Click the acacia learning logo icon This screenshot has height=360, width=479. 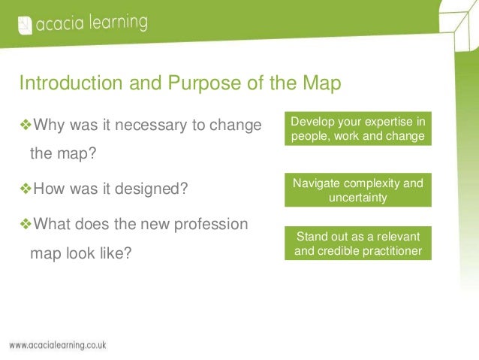pos(24,24)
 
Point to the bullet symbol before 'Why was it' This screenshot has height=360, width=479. pos(25,124)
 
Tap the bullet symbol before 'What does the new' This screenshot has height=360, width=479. pos(25,224)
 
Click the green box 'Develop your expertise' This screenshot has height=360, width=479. pos(357,129)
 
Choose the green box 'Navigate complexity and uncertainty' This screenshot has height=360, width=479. pos(357,191)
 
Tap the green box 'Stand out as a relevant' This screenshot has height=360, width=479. pos(357,243)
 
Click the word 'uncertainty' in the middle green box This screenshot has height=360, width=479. pos(357,198)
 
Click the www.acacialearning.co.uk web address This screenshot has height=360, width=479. pos(58,345)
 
